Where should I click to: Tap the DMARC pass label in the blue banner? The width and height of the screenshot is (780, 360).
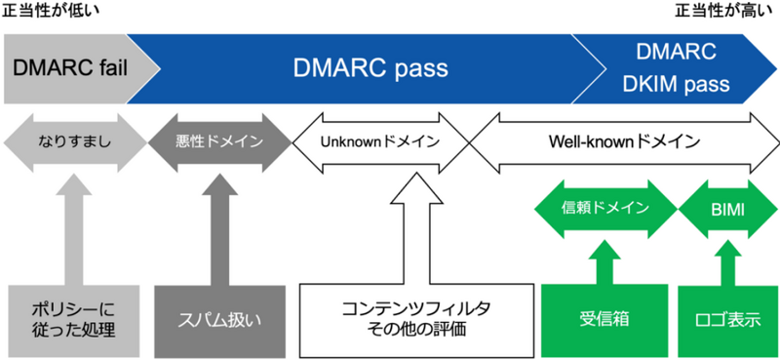[x=370, y=68]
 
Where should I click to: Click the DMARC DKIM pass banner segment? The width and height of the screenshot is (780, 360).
[x=675, y=68]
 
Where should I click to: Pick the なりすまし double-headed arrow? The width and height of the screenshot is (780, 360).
[x=73, y=140]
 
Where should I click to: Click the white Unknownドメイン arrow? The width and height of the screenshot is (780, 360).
[x=380, y=140]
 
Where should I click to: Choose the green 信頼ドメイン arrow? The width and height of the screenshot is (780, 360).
[x=605, y=208]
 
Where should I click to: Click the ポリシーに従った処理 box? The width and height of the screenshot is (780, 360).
[x=73, y=319]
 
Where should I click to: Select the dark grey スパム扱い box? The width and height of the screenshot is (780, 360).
[x=218, y=319]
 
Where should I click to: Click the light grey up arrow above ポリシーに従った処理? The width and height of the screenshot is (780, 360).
[x=73, y=234]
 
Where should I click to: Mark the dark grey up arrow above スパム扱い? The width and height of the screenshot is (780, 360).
[x=218, y=234]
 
